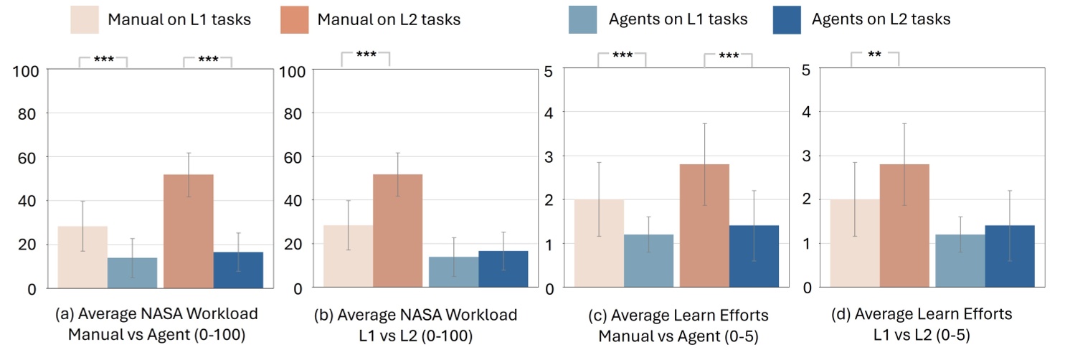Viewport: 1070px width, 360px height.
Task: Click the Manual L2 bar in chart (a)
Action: tap(189, 231)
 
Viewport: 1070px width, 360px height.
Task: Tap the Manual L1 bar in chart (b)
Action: tap(349, 256)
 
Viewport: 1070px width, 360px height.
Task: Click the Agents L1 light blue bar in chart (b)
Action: tap(453, 272)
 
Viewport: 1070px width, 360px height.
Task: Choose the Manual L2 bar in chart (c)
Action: tap(704, 226)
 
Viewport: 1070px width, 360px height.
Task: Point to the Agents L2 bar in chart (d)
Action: tap(1010, 256)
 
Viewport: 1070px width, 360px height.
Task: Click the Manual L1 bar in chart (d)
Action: tap(853, 243)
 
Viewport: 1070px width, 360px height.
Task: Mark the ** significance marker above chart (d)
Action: tap(874, 55)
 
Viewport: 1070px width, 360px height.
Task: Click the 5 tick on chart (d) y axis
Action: tap(806, 70)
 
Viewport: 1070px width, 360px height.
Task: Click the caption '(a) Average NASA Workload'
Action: tap(156, 315)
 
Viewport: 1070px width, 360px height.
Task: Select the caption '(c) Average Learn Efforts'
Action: tap(673, 315)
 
